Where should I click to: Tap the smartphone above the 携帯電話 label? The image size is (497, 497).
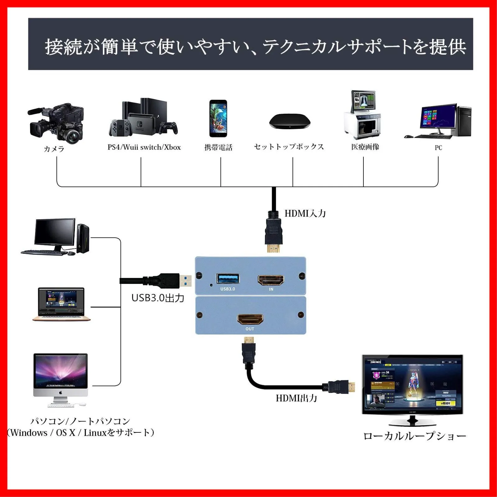click(x=218, y=118)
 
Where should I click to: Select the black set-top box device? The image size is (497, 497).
click(x=290, y=121)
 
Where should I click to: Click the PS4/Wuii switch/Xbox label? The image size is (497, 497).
click(x=144, y=147)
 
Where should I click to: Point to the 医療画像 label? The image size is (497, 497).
click(x=365, y=147)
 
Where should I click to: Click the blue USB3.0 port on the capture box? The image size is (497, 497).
click(x=228, y=278)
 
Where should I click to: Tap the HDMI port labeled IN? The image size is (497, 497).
click(x=271, y=280)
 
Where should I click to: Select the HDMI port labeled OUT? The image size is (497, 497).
click(x=250, y=319)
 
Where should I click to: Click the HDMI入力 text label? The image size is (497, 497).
click(x=305, y=213)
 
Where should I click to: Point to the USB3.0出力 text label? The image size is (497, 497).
click(x=158, y=298)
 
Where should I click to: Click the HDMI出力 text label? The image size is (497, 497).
click(x=296, y=398)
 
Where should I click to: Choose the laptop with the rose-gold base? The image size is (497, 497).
click(x=62, y=304)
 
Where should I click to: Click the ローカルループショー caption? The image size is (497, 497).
click(x=415, y=436)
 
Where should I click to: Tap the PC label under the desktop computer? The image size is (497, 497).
click(x=438, y=148)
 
